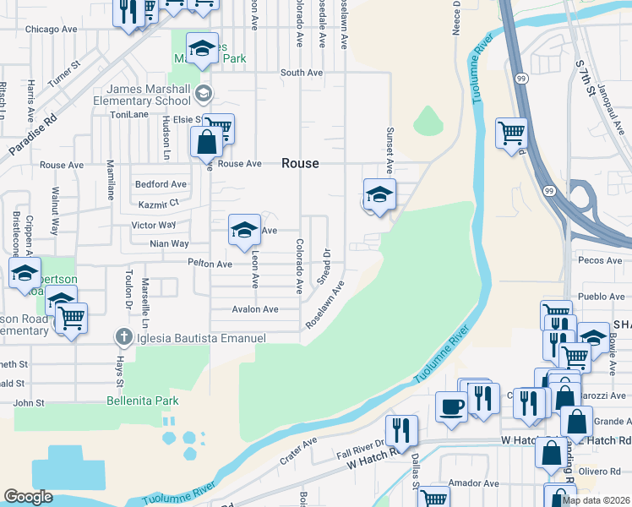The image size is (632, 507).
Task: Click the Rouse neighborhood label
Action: tap(300, 163)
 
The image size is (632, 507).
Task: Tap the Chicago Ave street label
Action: tap(52, 29)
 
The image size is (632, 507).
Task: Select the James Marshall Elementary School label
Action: tap(148, 95)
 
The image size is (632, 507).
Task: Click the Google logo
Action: tap(28, 497)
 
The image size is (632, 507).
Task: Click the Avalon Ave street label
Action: tap(255, 309)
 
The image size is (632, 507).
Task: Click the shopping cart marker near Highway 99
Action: tap(511, 133)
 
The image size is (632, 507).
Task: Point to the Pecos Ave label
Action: tap(601, 260)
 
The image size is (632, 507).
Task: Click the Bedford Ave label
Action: tap(161, 184)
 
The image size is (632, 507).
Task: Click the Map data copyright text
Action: tap(595, 500)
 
